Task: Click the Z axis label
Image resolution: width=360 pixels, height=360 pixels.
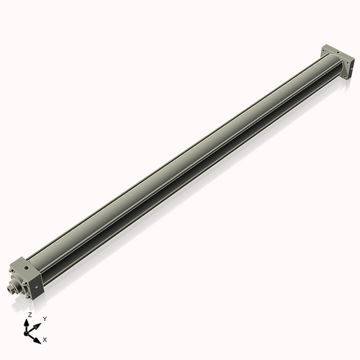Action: pos(29,315)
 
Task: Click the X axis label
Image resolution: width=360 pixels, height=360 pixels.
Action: pos(45,338)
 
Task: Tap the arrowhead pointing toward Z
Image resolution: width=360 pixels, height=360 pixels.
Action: pos(29,323)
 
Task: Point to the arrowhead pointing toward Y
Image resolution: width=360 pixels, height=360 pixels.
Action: pos(38,323)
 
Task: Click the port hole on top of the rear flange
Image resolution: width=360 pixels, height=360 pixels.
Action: pos(330,50)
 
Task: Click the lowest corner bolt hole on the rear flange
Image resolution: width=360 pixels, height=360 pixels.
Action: pos(345,77)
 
